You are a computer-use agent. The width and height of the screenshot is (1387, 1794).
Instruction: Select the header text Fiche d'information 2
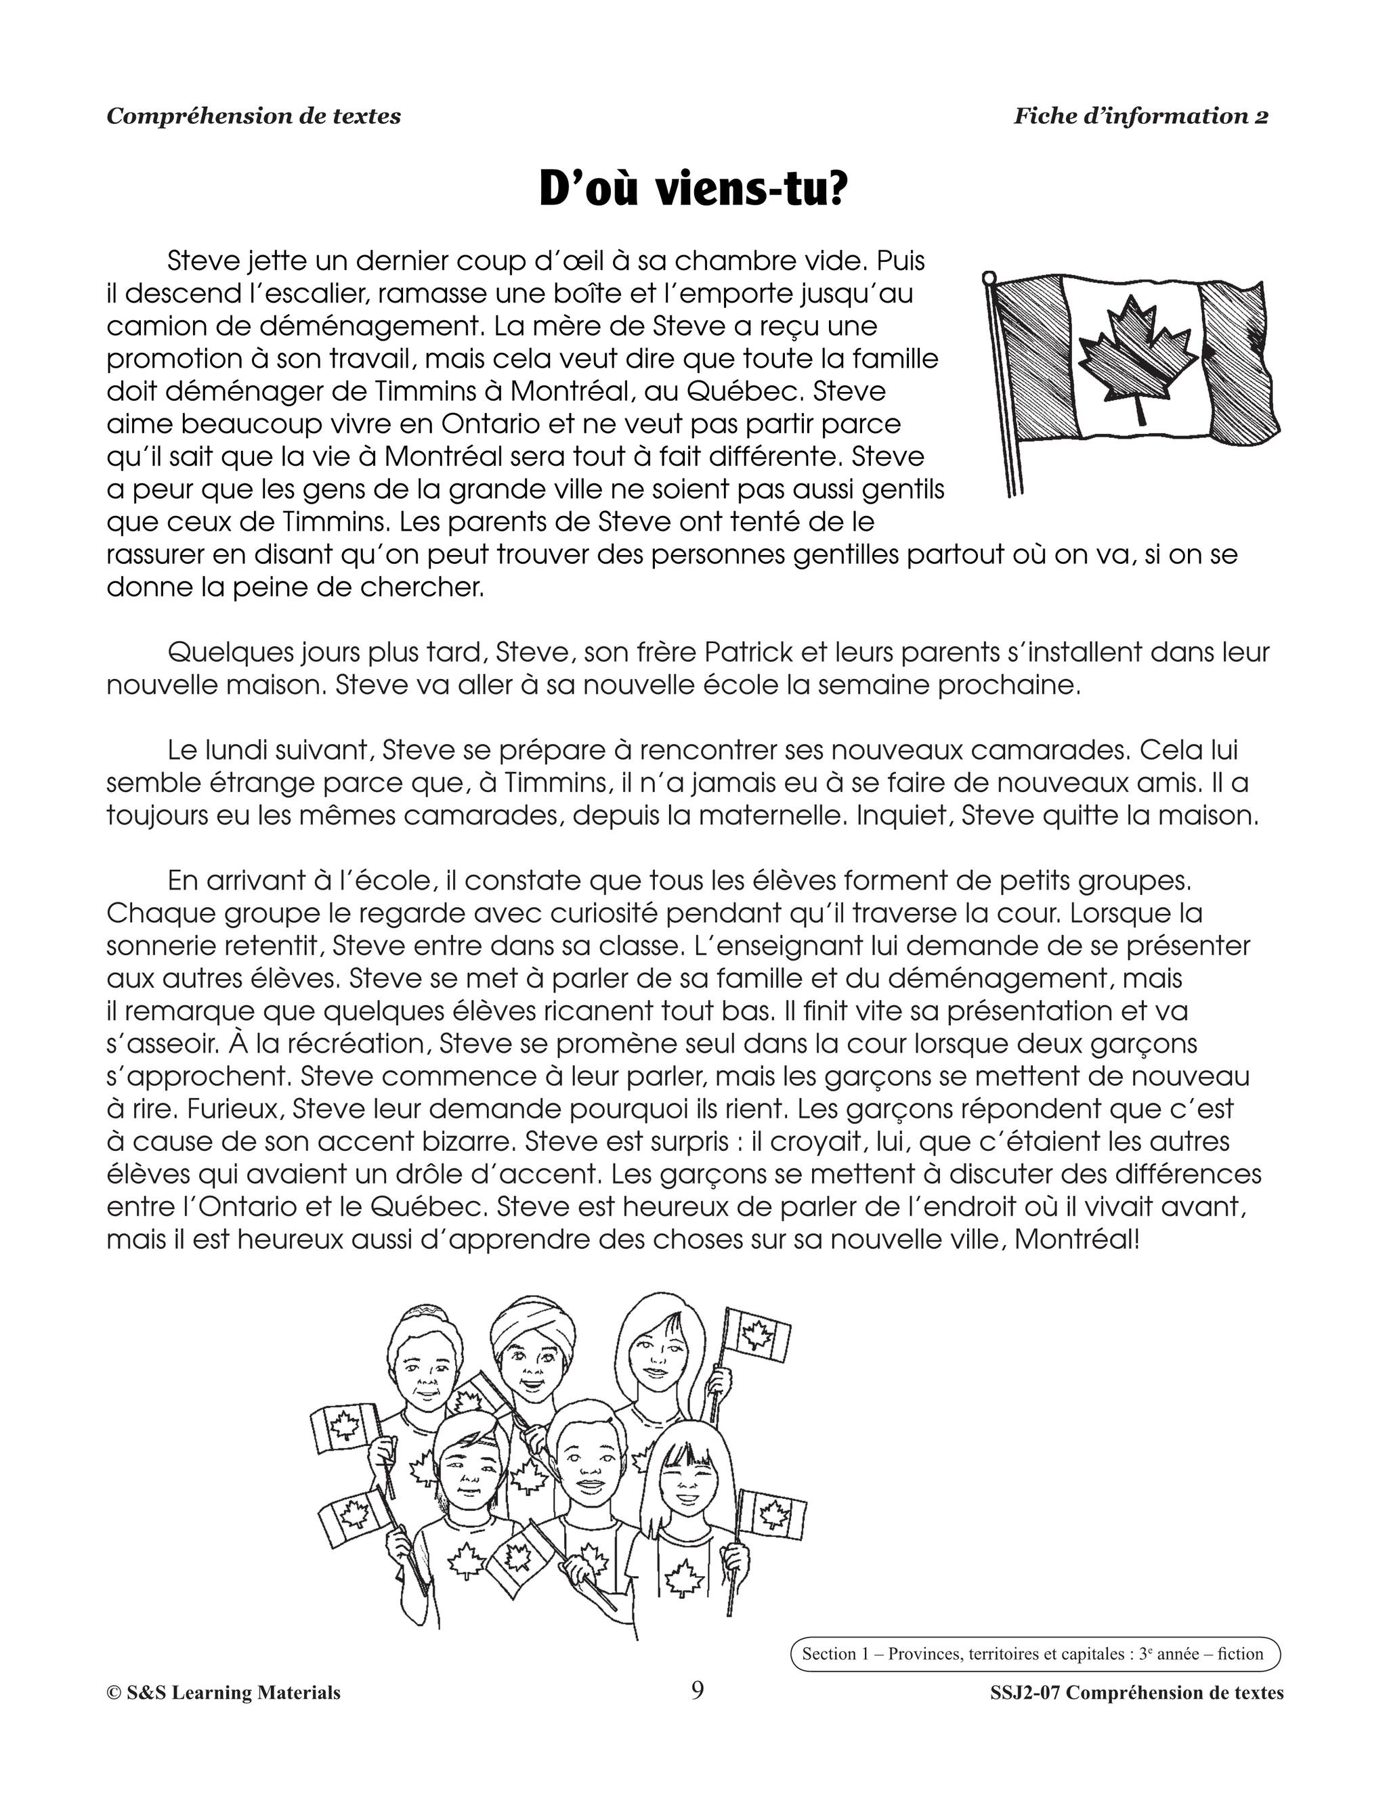[1140, 116]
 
